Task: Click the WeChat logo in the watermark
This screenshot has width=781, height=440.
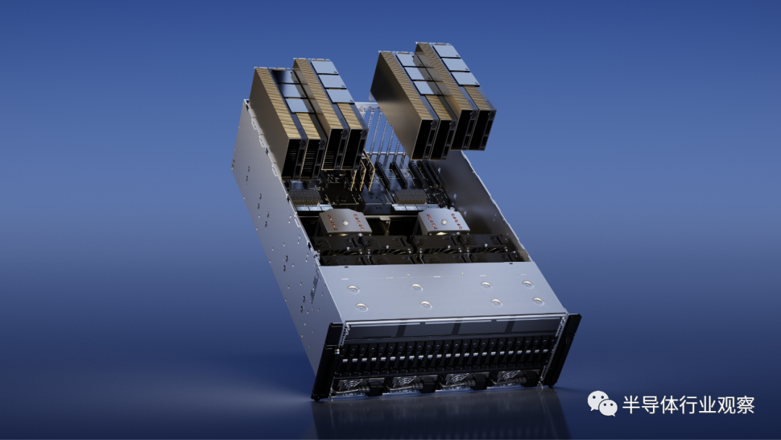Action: pyautogui.click(x=602, y=404)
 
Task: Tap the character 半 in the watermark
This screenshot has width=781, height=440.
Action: pyautogui.click(x=631, y=405)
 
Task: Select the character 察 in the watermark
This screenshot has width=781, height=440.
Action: pyautogui.click(x=745, y=405)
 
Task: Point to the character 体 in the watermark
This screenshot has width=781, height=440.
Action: pyautogui.click(x=669, y=405)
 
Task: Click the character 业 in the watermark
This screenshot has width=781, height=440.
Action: pyautogui.click(x=707, y=405)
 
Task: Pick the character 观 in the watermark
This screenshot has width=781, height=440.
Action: pyautogui.click(x=726, y=405)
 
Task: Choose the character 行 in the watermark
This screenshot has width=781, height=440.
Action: pyautogui.click(x=688, y=405)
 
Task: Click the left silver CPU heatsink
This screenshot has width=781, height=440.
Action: pyautogui.click(x=344, y=221)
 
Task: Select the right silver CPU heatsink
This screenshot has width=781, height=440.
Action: pyautogui.click(x=443, y=221)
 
